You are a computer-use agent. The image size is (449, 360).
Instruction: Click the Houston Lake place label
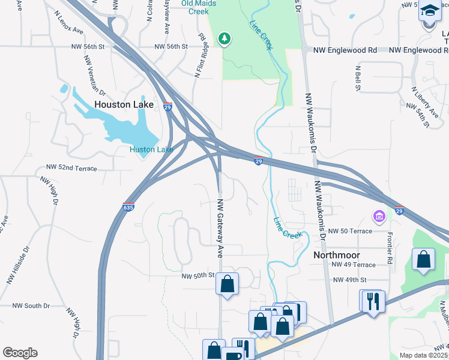(x=124, y=104)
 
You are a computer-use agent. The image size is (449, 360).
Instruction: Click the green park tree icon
(x=225, y=39)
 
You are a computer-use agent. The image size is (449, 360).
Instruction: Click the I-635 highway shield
(x=128, y=206)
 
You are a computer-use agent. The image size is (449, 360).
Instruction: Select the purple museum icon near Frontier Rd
(x=379, y=215)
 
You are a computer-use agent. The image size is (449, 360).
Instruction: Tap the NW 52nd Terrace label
(x=71, y=169)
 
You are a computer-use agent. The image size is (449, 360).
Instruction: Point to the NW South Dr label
(x=29, y=306)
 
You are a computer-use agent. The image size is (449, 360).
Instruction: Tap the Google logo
(x=20, y=353)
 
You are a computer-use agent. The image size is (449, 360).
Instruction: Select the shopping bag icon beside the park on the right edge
(x=424, y=260)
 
